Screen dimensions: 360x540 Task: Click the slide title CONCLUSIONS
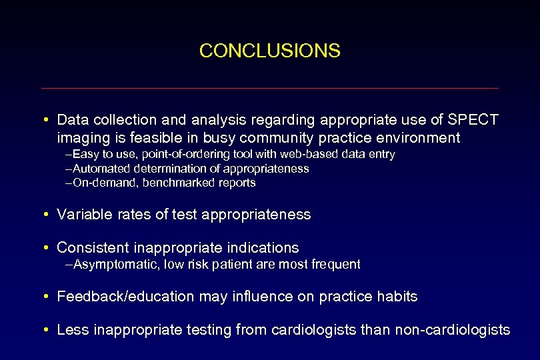269,51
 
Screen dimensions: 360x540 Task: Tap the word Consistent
93,248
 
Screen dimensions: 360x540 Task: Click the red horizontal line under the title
269,88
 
